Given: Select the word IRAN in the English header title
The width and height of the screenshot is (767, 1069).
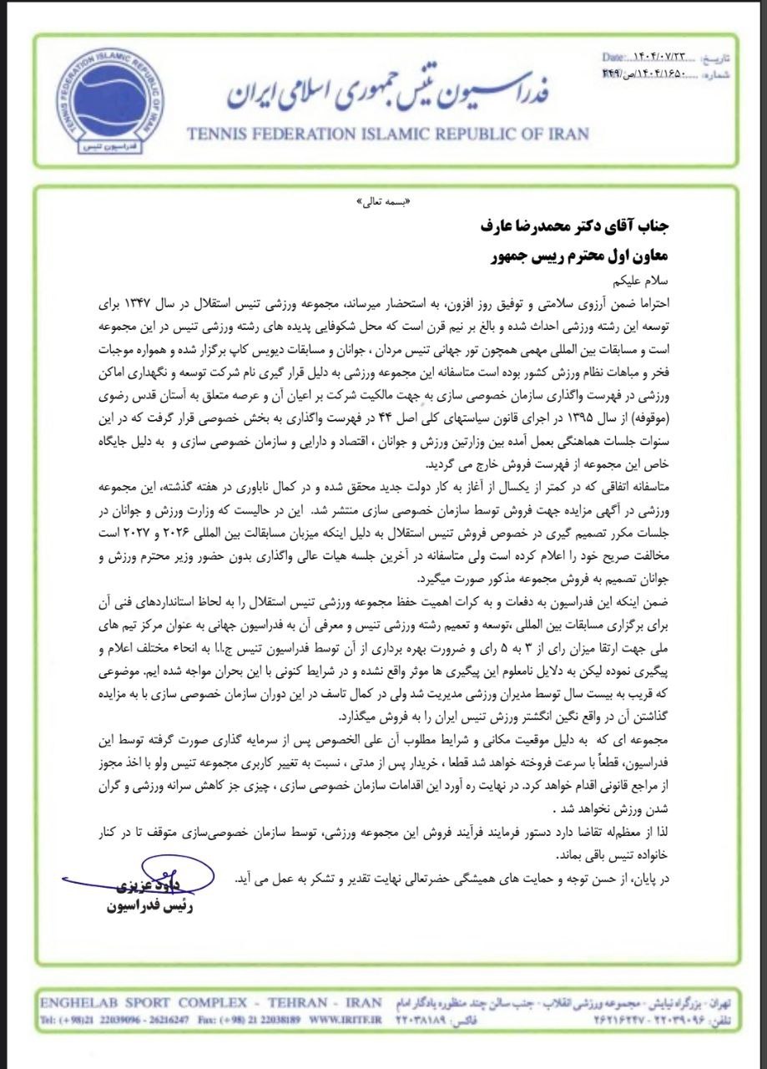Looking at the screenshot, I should [x=563, y=134].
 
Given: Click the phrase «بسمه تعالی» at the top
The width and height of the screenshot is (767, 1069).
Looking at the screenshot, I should [x=384, y=202].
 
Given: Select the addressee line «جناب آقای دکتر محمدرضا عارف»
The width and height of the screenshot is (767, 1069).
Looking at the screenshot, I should [x=573, y=226].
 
